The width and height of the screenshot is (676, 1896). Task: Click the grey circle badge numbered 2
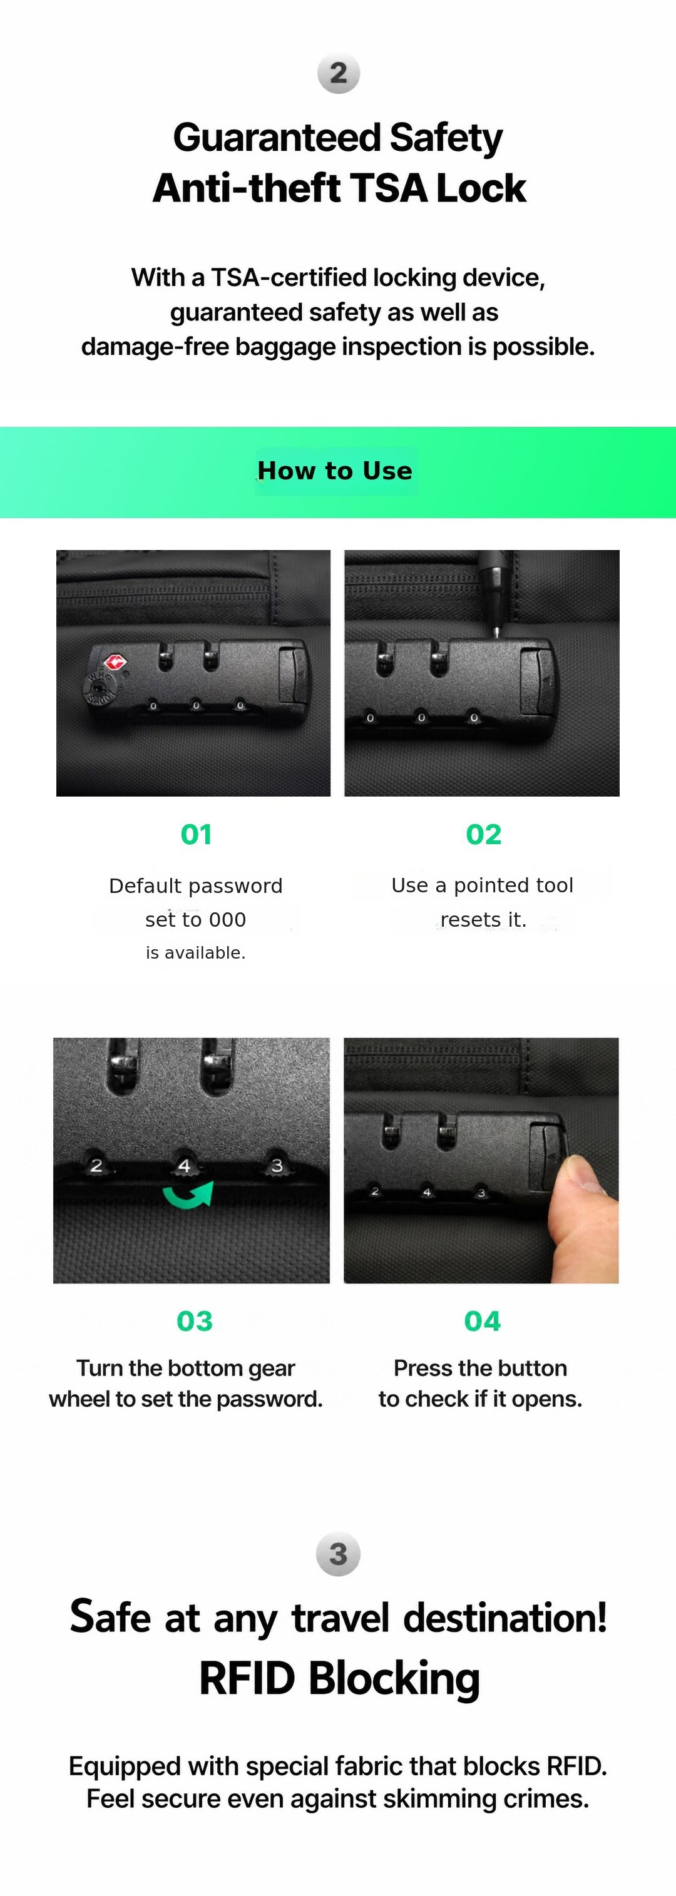(338, 73)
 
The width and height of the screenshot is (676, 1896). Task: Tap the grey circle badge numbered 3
(338, 1554)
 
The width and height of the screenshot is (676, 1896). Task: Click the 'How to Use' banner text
(335, 471)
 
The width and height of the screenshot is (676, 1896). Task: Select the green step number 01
(196, 834)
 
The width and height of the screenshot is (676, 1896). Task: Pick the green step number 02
(483, 834)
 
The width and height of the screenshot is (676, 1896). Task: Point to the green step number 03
(195, 1321)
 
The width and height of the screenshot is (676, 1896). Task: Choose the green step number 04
(483, 1321)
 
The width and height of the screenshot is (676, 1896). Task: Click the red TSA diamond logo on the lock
(114, 663)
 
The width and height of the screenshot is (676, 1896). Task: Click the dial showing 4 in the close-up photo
(184, 1165)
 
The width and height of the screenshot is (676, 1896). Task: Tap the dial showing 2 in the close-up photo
(96, 1166)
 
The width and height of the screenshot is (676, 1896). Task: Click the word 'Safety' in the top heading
(446, 138)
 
